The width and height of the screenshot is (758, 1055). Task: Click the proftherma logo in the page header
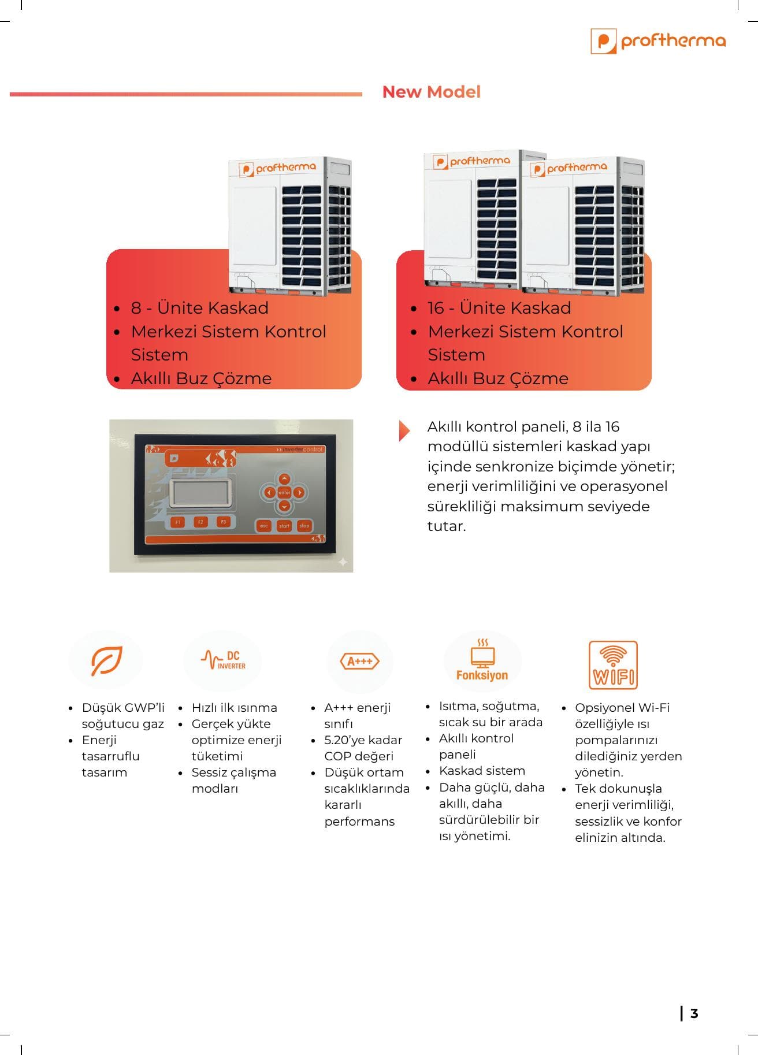click(x=658, y=41)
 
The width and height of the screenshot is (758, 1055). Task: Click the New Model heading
click(x=431, y=92)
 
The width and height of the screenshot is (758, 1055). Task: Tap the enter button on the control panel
click(x=284, y=493)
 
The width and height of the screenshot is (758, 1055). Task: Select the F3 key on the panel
click(x=224, y=522)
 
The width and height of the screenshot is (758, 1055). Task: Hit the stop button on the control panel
click(x=304, y=526)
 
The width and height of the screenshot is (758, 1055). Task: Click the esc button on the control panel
click(x=264, y=526)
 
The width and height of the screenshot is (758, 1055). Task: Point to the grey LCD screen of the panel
click(x=202, y=493)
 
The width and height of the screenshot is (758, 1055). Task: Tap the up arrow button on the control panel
click(x=284, y=479)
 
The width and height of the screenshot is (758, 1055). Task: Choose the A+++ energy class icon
click(x=360, y=662)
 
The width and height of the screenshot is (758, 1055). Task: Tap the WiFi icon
click(x=613, y=664)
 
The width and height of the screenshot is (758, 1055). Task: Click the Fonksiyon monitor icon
click(x=482, y=660)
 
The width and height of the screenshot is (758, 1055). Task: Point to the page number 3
click(x=694, y=1013)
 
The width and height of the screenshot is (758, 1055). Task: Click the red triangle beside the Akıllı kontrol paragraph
click(x=404, y=430)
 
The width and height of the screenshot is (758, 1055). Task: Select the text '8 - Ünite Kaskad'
click(x=199, y=308)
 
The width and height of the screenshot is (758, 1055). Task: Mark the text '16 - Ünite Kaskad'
click(x=499, y=308)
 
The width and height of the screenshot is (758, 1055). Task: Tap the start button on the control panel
click(x=284, y=526)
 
